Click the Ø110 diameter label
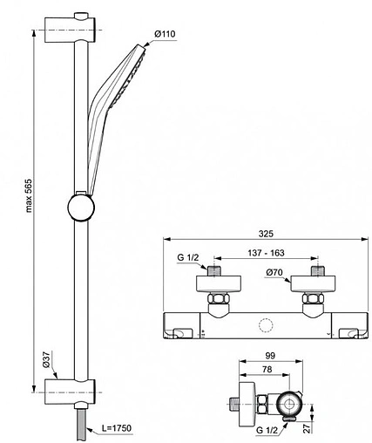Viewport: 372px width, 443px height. tap(164, 34)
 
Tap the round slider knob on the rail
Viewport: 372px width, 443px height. tap(81, 210)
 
